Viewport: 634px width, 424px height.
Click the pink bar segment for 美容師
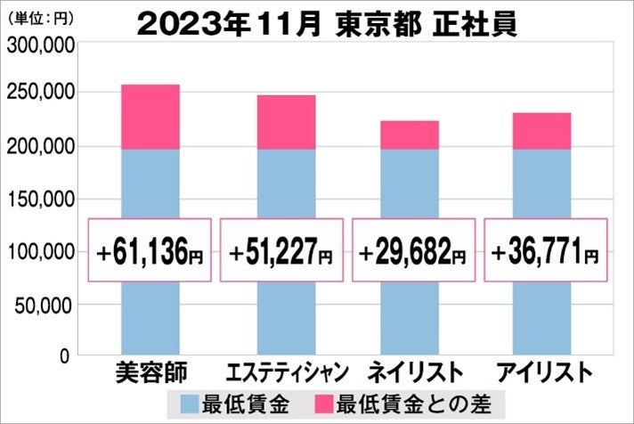[150, 117]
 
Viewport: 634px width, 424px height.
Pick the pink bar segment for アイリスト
[542, 131]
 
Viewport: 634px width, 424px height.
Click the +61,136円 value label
[150, 252]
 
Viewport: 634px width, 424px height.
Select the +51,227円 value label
[280, 252]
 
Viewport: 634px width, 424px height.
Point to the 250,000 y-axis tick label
[38, 94]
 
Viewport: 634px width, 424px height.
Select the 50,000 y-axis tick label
[43, 306]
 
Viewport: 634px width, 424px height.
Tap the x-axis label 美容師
[150, 371]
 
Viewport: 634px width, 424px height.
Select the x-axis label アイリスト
[542, 371]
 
